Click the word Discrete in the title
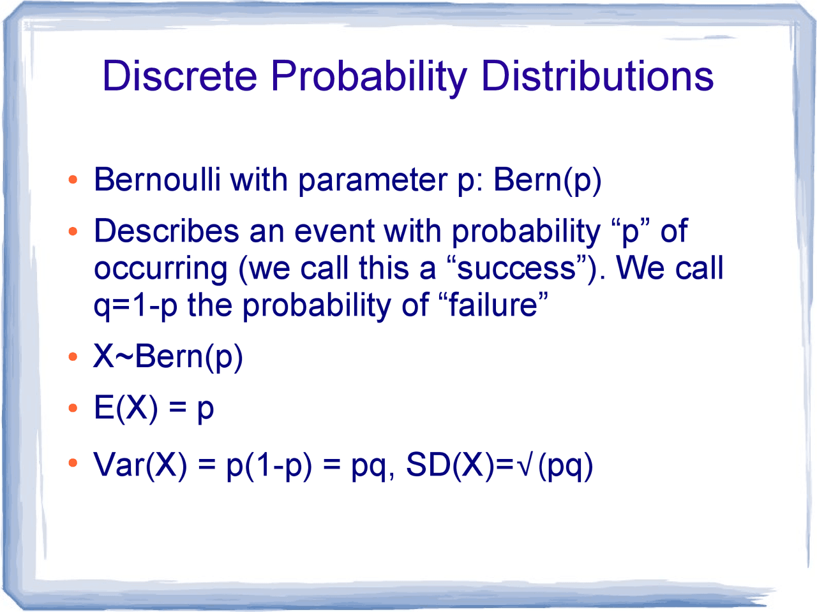pos(179,76)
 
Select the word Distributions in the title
pos(597,76)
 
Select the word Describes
pos(166,231)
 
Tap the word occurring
pos(160,269)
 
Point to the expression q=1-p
pos(135,306)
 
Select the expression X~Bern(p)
pos(168,356)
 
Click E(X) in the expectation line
pos(125,408)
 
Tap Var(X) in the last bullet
pos(140,465)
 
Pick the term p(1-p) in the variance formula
pos(269,465)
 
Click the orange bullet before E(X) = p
pos(73,408)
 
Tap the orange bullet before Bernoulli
pos(73,180)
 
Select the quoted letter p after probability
pos(630,232)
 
